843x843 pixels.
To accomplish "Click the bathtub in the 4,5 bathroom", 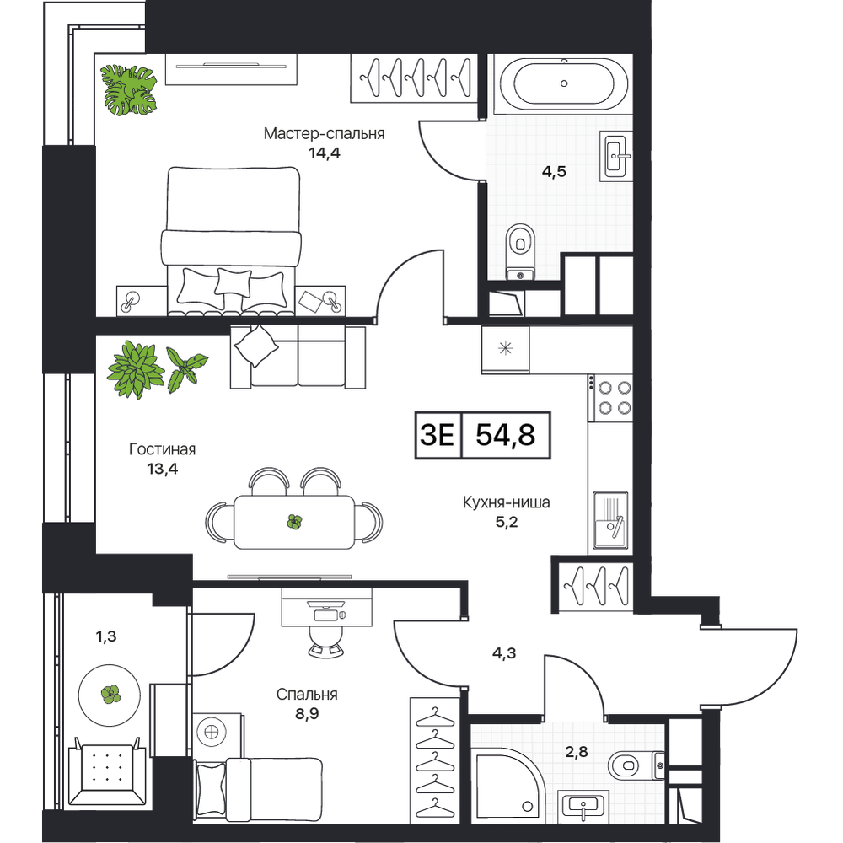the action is coord(563,83).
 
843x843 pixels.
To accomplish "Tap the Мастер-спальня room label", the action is coord(325,133).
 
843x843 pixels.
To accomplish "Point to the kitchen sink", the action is coord(610,520).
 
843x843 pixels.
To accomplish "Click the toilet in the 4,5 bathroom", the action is coord(520,251).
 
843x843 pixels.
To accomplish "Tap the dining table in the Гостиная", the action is coord(294,522).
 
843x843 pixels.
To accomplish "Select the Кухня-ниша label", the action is coord(507,502).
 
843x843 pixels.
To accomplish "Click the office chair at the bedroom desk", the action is coord(326,641).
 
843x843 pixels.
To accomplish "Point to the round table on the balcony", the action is coord(110,695).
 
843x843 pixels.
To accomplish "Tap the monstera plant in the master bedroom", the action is coord(130,90).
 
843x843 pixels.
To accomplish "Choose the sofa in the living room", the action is coord(298,356).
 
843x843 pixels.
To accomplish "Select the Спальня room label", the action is coord(307,695).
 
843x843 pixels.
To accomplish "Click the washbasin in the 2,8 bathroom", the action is coord(583,806).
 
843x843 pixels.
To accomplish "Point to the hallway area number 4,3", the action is coord(504,653).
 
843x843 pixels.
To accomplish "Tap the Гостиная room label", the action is coord(163,449).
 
